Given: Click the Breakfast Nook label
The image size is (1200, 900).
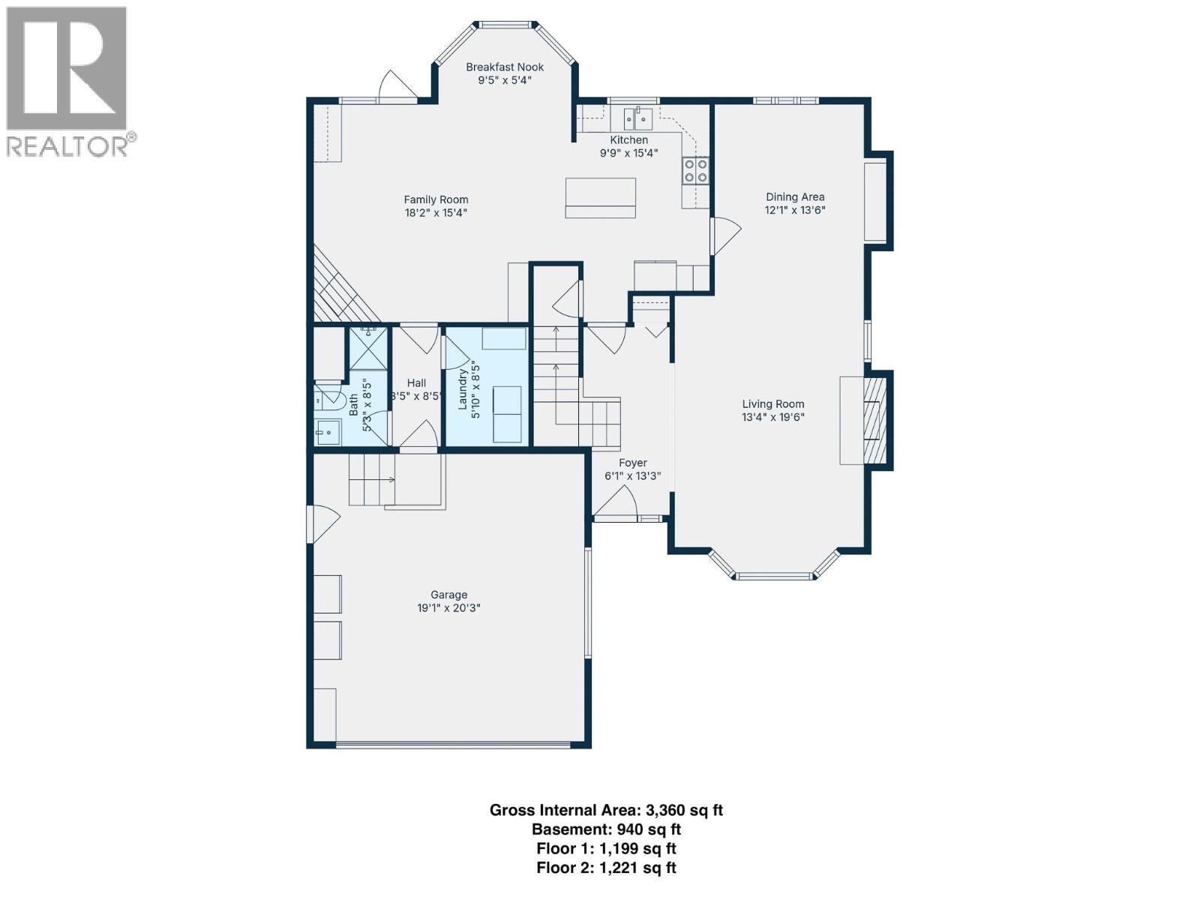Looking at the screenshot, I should (x=505, y=67).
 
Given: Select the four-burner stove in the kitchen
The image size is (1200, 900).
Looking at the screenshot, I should (x=695, y=171).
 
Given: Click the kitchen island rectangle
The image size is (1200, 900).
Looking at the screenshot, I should (x=600, y=197).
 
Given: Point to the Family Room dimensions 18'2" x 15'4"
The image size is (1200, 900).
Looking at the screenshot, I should (x=436, y=213).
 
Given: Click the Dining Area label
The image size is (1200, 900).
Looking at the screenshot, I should (x=794, y=196).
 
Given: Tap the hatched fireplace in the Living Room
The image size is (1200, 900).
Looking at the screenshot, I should (x=874, y=421).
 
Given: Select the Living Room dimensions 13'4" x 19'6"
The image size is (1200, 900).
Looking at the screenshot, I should (x=773, y=417).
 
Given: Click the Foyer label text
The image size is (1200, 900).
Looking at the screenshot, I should (x=632, y=463).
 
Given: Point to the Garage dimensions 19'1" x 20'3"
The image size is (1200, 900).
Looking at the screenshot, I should (x=448, y=608).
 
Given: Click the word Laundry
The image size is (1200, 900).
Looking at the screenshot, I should (x=463, y=386).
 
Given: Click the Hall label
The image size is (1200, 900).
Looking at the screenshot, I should (x=416, y=382).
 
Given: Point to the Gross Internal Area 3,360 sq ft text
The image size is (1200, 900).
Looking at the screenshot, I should (x=606, y=810).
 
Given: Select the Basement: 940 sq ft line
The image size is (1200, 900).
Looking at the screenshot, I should (x=606, y=829).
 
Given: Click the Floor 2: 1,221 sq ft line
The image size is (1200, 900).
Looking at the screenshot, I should (x=606, y=868).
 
